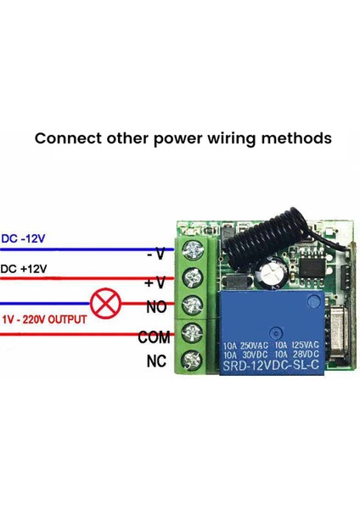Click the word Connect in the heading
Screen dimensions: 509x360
click(65, 138)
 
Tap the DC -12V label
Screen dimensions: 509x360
click(24, 238)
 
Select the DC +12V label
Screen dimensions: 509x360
click(24, 269)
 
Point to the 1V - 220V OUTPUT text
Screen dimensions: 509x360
click(43, 321)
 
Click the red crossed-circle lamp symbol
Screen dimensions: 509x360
click(106, 305)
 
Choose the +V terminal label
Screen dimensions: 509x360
click(155, 282)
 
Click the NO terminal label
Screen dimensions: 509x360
click(156, 308)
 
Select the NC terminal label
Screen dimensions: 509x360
click(155, 362)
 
